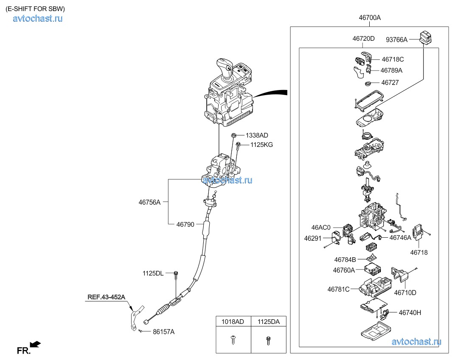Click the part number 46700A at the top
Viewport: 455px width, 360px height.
[369, 18]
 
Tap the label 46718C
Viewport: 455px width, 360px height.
[393, 59]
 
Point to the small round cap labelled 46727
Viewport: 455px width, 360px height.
[369, 83]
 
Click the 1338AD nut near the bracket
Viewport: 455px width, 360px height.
[233, 135]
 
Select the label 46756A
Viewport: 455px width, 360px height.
[149, 202]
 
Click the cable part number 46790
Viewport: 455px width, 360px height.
[185, 224]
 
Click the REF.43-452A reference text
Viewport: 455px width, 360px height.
[107, 297]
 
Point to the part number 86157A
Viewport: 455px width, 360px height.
[163, 332]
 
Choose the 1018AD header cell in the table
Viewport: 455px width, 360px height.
[233, 322]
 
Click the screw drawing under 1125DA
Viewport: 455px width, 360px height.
[268, 340]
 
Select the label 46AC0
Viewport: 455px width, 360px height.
[320, 228]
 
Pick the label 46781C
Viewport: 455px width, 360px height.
[338, 289]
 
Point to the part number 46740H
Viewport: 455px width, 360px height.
[410, 312]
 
